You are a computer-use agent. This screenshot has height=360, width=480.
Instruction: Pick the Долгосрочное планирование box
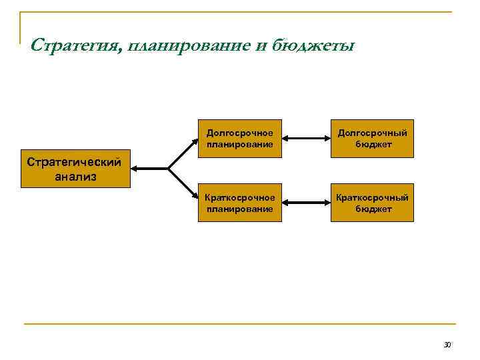tap(240, 138)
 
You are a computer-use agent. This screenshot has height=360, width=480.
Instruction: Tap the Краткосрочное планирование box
tap(240, 203)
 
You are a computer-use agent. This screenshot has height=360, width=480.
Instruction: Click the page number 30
tap(447, 345)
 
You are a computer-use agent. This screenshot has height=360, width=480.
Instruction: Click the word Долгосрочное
tap(240, 133)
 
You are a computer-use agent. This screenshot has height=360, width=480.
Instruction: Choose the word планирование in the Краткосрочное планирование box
tap(240, 209)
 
